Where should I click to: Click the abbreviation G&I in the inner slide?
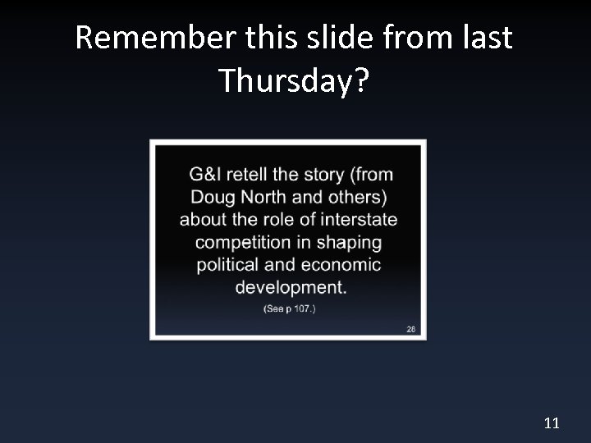(x=206, y=174)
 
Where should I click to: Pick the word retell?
(x=247, y=174)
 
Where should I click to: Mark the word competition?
(x=243, y=243)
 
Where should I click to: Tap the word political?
(x=230, y=265)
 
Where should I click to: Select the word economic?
(x=341, y=265)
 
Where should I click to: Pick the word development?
(x=290, y=288)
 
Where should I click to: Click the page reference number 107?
(x=300, y=309)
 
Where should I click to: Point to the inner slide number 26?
(x=411, y=329)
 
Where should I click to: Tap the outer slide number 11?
(x=551, y=423)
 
